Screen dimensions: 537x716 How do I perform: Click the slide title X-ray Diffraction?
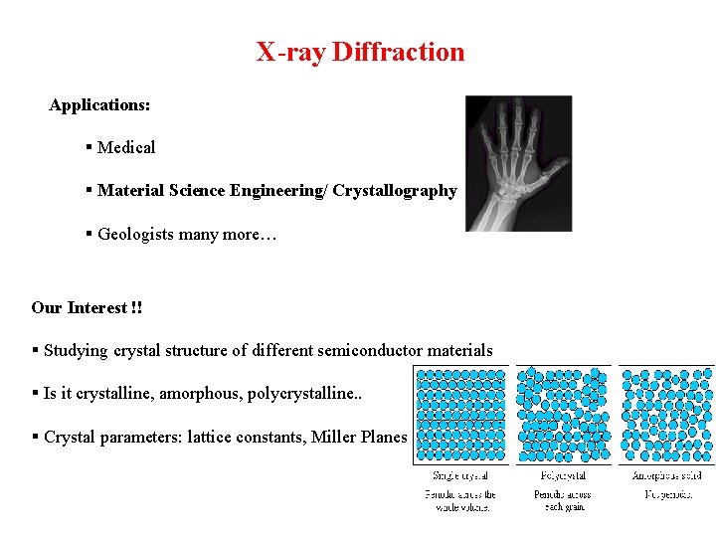tap(360, 52)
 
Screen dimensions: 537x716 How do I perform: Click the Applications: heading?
tap(99, 104)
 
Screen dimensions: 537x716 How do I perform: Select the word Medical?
tap(126, 147)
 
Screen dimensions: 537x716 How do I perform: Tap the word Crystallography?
tap(395, 190)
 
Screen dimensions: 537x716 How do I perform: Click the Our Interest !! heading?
tap(87, 307)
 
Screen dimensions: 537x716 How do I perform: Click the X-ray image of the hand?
tap(518, 163)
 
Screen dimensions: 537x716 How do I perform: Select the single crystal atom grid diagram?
tap(460, 415)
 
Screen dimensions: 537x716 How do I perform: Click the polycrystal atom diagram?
tap(563, 415)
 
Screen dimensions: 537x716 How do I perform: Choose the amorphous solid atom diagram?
tap(666, 415)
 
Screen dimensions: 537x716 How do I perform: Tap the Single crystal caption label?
tap(459, 476)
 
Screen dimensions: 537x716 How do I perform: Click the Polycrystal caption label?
tap(563, 476)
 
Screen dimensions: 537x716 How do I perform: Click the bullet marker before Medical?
tap(89, 147)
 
